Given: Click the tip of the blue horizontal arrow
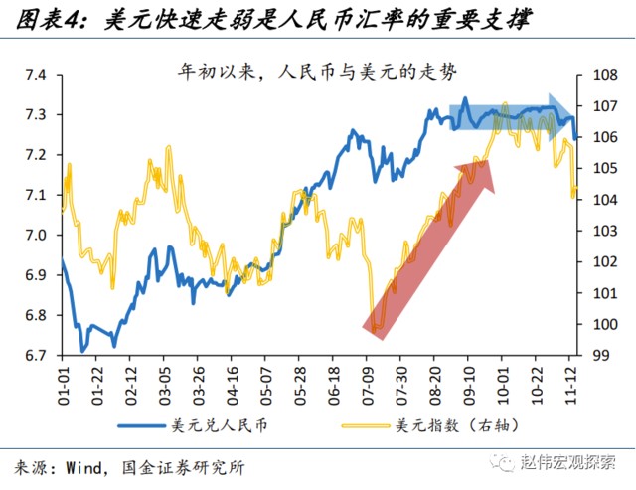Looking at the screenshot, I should point(574,112).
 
